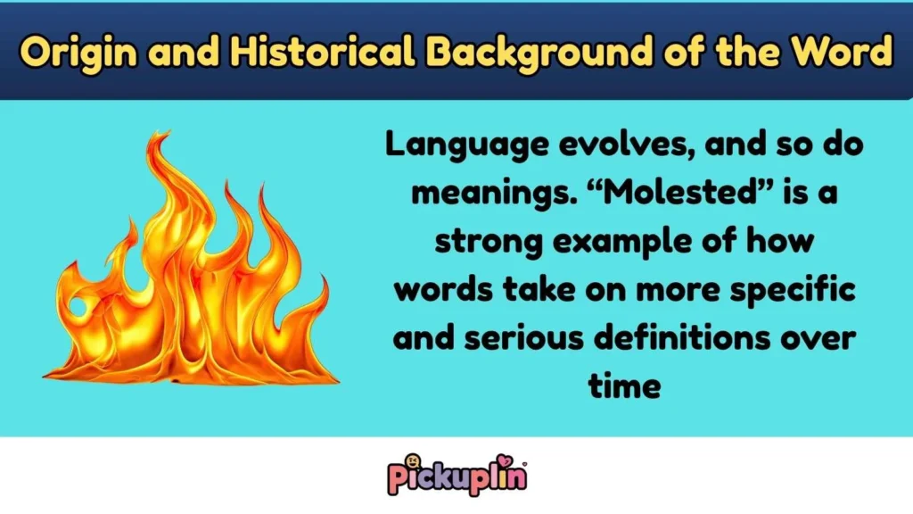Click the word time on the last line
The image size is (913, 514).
pyautogui.click(x=623, y=387)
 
